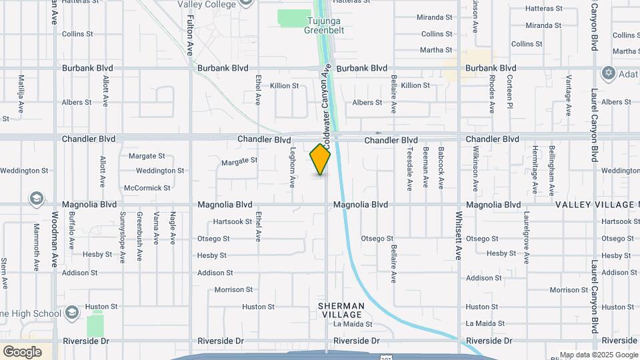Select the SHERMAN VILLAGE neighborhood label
[x=341, y=310]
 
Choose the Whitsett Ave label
[x=459, y=235]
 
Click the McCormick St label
[x=147, y=188]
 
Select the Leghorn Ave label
[x=292, y=167]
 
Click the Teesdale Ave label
[x=409, y=167]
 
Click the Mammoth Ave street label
[x=37, y=247]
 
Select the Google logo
[x=22, y=351]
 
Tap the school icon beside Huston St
[x=72, y=313]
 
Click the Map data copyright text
[x=599, y=355]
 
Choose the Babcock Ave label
[x=441, y=167]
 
